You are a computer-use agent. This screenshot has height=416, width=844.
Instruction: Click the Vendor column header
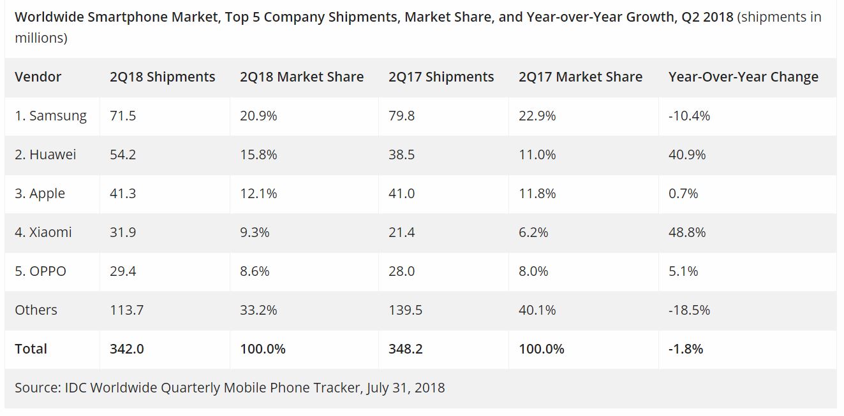[x=38, y=77]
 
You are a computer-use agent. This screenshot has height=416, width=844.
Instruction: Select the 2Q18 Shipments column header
[x=162, y=77]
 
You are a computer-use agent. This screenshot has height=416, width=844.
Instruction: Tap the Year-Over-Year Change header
[x=743, y=77]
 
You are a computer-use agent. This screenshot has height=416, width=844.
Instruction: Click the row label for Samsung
[x=50, y=116]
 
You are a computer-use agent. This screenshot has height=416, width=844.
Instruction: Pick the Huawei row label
[x=45, y=155]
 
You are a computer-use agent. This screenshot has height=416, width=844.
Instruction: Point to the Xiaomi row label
[x=43, y=233]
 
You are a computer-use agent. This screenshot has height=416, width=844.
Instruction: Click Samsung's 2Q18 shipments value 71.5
[x=122, y=116]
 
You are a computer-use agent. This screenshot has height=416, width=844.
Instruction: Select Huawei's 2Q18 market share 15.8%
[x=258, y=155]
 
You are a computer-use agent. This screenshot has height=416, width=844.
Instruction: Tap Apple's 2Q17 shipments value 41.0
[x=401, y=194]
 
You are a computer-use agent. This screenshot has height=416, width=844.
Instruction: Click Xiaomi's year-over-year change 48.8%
[x=687, y=233]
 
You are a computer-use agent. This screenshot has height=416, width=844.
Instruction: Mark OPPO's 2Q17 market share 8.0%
[x=533, y=271]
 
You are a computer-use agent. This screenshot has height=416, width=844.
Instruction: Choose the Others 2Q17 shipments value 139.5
[x=405, y=310]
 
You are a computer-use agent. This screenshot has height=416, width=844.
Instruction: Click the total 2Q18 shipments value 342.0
[x=126, y=349]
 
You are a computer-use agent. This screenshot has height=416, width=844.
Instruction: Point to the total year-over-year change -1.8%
[x=686, y=349]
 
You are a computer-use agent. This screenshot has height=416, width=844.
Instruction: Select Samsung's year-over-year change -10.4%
[x=689, y=116]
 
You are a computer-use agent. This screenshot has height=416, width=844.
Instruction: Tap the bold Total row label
[x=31, y=349]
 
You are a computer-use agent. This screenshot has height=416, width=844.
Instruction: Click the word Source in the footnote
[x=37, y=387]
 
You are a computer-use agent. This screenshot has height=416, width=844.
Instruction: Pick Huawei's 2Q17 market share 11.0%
[x=537, y=155]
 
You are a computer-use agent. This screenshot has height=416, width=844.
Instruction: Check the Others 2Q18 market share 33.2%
[x=258, y=310]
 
